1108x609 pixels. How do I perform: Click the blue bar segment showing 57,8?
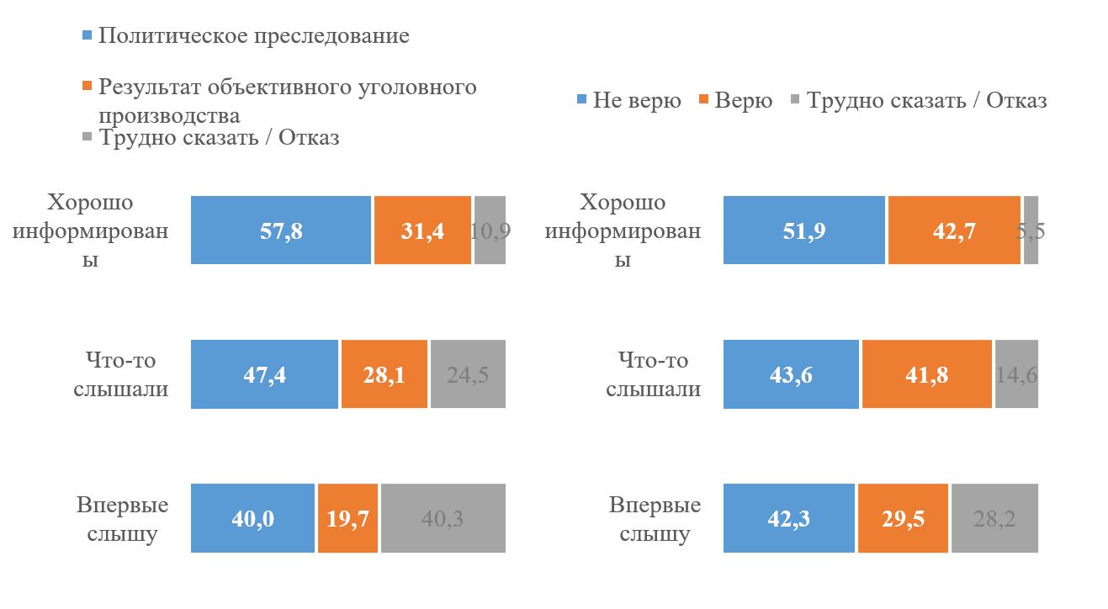(x=280, y=230)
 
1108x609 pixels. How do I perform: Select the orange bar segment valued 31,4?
(x=422, y=230)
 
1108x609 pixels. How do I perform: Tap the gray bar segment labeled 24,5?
(x=468, y=374)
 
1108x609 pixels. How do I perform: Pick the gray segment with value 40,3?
(x=443, y=518)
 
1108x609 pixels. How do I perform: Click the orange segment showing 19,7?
(x=348, y=518)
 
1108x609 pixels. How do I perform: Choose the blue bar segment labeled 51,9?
(x=804, y=230)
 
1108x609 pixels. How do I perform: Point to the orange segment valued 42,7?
(x=954, y=230)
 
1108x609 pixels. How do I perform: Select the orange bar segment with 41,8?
(x=926, y=374)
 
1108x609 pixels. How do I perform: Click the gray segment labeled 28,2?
(x=994, y=518)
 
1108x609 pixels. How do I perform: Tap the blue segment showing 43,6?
(x=791, y=374)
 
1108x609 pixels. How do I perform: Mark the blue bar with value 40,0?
(x=252, y=518)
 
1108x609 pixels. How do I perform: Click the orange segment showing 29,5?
(x=903, y=518)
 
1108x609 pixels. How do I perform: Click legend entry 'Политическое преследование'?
(x=253, y=36)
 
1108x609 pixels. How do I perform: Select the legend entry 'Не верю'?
(x=636, y=101)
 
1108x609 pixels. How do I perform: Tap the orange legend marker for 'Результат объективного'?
(x=87, y=87)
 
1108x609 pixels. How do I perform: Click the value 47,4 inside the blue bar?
(x=265, y=375)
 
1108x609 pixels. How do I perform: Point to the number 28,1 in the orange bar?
(x=384, y=375)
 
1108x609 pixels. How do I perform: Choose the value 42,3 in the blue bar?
(x=790, y=519)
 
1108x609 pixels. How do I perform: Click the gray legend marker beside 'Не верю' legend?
(x=795, y=101)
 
